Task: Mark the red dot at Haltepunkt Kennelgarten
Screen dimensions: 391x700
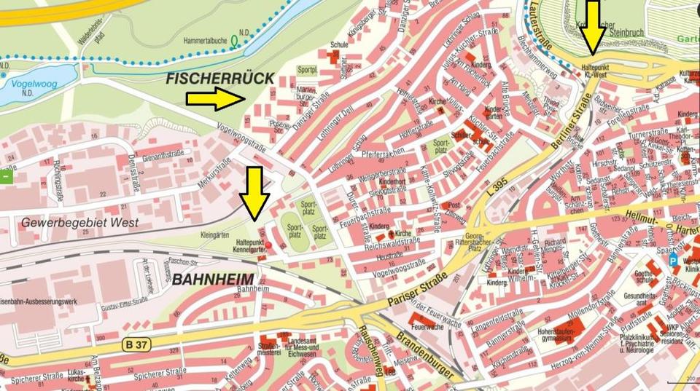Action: pos(268,245)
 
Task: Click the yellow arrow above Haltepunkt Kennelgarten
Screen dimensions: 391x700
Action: pos(254,193)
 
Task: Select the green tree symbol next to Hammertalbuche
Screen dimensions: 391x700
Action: pos(234,42)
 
